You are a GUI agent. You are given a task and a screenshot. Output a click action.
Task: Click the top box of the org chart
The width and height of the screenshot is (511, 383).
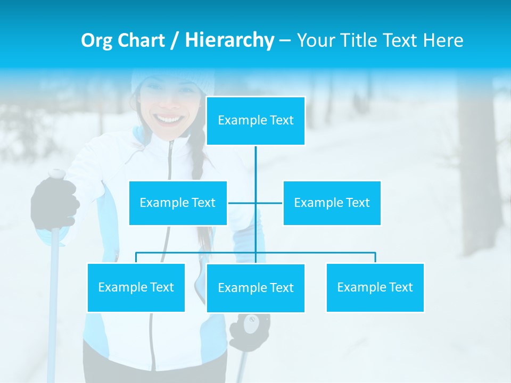pyautogui.click(x=256, y=121)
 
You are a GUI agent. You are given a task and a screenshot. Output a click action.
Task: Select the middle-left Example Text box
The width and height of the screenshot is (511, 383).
pyautogui.click(x=178, y=203)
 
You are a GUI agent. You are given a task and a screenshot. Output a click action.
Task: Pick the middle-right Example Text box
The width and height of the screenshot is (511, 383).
pyautogui.click(x=332, y=203)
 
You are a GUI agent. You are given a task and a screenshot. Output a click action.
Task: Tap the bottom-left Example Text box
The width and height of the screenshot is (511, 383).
pyautogui.click(x=136, y=287)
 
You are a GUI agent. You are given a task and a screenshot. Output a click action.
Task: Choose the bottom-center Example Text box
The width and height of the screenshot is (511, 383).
pyautogui.click(x=256, y=288)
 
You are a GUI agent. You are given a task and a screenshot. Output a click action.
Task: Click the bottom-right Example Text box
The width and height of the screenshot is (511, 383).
pyautogui.click(x=375, y=287)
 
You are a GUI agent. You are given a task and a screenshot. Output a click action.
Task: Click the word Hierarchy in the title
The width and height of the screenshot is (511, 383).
pyautogui.click(x=229, y=40)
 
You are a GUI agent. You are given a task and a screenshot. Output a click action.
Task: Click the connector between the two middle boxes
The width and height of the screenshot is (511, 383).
pyautogui.click(x=256, y=203)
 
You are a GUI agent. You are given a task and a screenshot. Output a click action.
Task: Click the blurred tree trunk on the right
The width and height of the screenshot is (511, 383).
pyautogui.click(x=479, y=170)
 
